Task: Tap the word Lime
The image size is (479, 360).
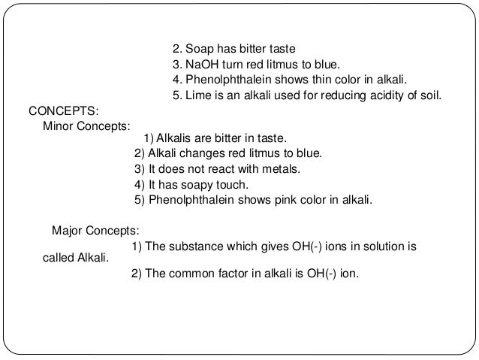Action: [x=196, y=96]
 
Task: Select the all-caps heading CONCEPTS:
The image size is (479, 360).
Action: [x=58, y=111]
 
